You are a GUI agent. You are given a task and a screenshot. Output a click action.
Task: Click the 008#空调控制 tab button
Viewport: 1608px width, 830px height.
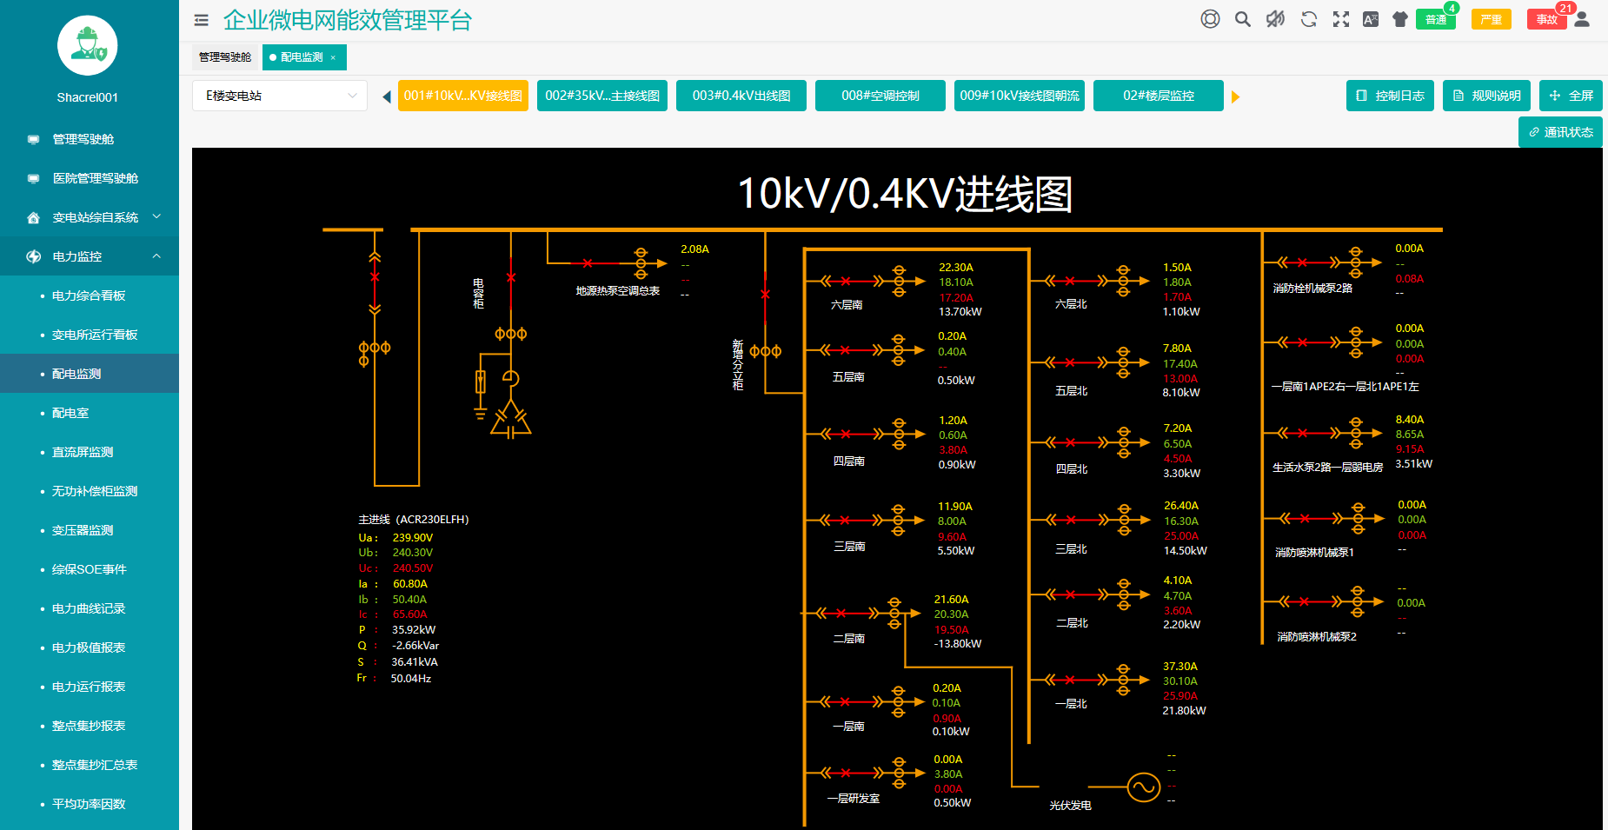880,96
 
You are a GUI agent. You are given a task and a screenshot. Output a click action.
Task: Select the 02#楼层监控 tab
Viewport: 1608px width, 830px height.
1158,96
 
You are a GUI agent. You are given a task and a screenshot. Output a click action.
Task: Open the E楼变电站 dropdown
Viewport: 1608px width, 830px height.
280,96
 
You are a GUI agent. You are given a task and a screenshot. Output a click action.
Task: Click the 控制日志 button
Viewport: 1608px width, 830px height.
1390,96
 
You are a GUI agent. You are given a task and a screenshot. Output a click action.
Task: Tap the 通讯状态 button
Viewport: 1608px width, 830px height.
1560,132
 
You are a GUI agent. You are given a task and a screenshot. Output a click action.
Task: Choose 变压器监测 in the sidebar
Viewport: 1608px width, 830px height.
83,530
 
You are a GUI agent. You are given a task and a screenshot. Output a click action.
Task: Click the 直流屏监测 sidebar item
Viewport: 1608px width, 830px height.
83,452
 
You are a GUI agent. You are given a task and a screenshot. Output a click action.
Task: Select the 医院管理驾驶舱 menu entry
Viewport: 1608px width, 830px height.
96,178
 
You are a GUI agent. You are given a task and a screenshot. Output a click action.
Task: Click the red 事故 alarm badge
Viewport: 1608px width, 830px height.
1546,19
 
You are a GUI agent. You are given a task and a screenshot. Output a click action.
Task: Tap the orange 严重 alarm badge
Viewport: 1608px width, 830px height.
1491,19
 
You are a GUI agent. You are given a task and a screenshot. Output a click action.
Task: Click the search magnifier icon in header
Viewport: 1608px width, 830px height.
1243,19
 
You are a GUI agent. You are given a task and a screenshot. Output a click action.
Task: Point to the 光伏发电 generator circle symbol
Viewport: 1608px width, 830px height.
1143,787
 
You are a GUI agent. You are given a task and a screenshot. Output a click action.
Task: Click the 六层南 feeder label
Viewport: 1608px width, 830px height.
847,305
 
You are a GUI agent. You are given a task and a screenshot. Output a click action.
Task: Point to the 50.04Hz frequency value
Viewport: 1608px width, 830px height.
411,679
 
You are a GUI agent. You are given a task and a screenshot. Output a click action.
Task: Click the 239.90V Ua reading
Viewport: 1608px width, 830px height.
413,538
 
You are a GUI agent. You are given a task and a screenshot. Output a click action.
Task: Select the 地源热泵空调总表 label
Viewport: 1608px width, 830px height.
617,291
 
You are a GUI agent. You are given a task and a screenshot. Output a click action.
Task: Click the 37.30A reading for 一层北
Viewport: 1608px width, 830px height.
1180,667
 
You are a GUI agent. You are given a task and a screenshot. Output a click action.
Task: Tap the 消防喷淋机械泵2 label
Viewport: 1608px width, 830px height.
1316,637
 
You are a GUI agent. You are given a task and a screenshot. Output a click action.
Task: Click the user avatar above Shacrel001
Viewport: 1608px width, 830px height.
88,45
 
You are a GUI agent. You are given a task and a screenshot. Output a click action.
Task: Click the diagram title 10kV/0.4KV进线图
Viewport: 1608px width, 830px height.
905,194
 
